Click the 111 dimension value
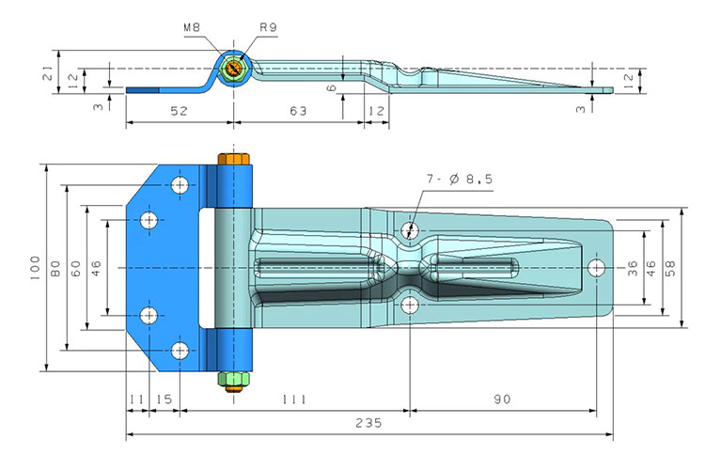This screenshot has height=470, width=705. coord(293,400)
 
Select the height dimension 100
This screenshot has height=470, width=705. coord(35,268)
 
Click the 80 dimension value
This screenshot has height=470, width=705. coord(56,268)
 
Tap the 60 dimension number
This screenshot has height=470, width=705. coord(77,268)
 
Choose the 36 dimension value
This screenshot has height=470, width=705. coord(633,268)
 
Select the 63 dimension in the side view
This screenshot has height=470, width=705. coord(297,111)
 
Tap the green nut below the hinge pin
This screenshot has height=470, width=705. coord(231,380)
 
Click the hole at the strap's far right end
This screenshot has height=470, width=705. coord(596,268)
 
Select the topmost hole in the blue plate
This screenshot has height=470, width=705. coord(180,185)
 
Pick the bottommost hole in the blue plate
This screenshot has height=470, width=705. coord(180,352)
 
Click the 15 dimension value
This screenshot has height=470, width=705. coord(164,400)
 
